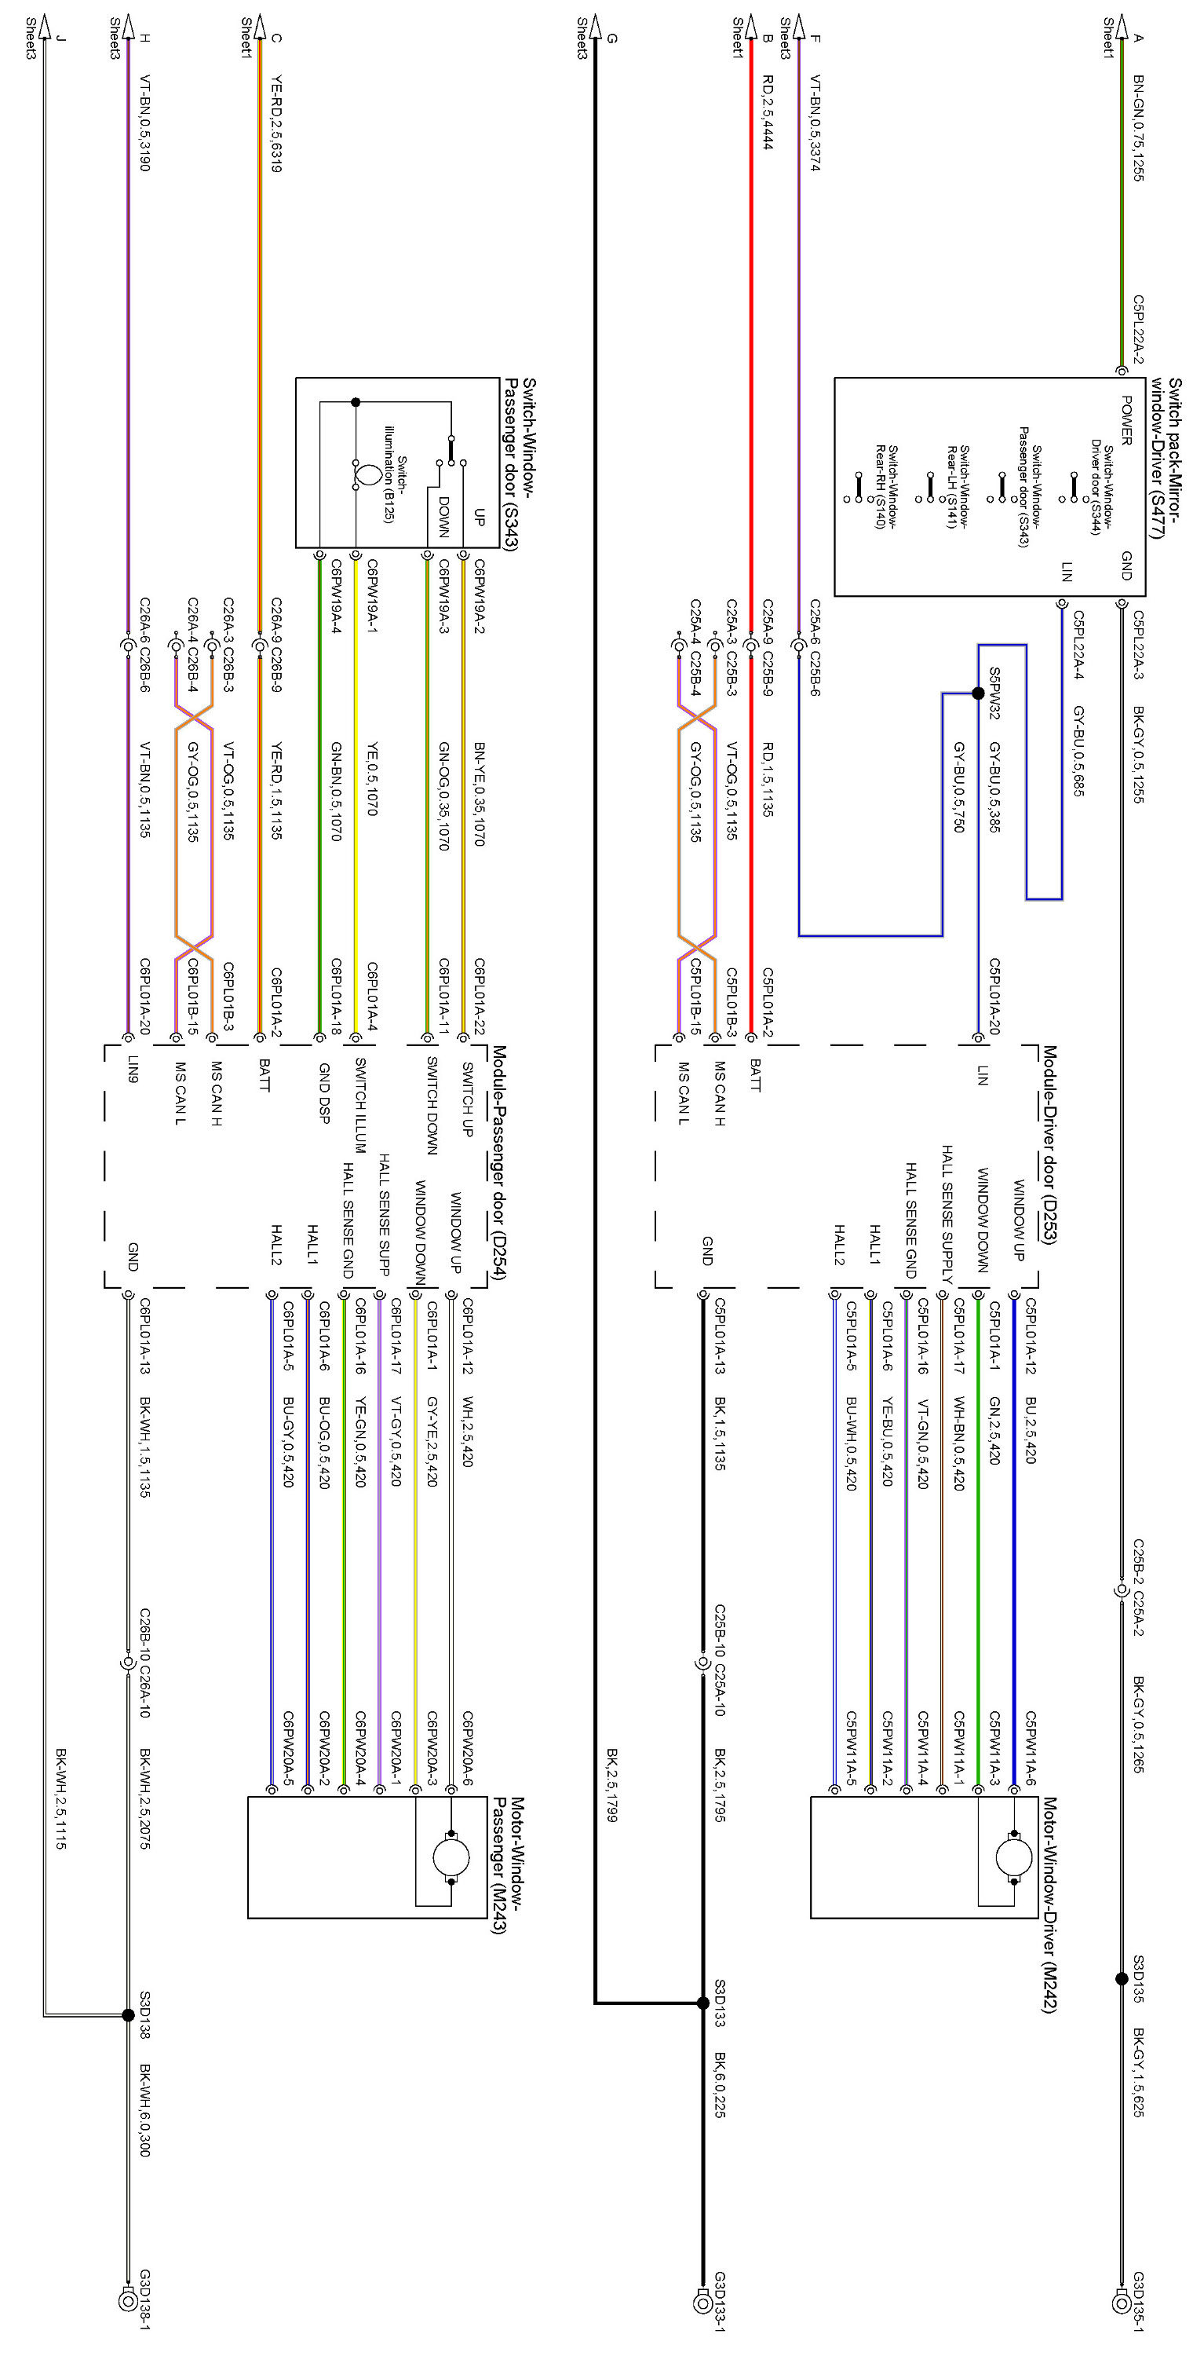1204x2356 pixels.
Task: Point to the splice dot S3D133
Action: pos(702,2003)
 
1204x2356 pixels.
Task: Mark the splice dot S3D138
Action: pos(128,2015)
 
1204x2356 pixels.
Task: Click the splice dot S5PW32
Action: pos(977,693)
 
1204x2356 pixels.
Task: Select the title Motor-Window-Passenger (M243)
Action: pos(506,1866)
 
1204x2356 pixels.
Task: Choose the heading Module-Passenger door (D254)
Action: pos(498,1162)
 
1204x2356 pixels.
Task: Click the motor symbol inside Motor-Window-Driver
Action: pos(1013,1857)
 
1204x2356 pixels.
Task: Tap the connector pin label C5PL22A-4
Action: pos(1078,645)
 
